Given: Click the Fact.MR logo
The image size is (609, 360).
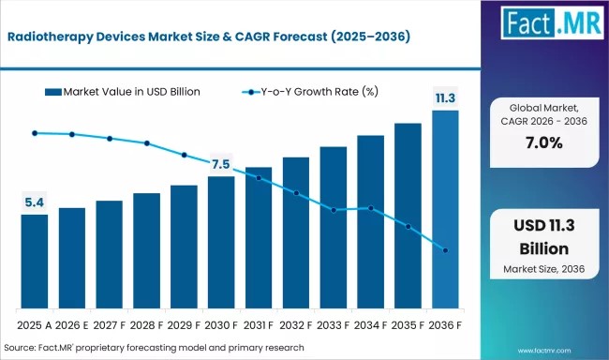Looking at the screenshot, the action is [x=552, y=22].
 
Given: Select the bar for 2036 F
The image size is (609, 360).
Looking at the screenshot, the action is [x=445, y=210].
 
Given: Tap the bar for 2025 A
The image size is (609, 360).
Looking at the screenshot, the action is [x=35, y=262].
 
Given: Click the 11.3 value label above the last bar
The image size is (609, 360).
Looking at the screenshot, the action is [x=445, y=98].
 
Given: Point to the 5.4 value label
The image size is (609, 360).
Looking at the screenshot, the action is [x=35, y=202].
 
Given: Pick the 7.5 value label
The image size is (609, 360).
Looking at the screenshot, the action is [x=220, y=164].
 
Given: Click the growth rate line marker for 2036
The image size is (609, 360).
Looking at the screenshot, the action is [x=445, y=250].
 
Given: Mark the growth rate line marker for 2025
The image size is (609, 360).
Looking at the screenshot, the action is [x=35, y=133].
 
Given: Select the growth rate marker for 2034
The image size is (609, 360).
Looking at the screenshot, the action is [x=371, y=208].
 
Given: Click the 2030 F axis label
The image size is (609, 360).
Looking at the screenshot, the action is [x=220, y=325].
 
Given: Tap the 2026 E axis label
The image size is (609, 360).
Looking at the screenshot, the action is [x=72, y=325].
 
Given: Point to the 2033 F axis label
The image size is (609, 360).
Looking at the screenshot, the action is [x=333, y=325].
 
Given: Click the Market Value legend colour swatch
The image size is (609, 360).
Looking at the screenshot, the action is [x=53, y=92].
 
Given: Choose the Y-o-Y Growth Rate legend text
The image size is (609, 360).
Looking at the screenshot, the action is [x=319, y=92].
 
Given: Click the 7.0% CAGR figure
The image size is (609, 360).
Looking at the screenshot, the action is [x=544, y=143].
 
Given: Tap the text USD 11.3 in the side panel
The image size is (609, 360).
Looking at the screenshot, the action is [x=544, y=226].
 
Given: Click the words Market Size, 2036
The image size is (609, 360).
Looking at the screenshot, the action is [x=544, y=269].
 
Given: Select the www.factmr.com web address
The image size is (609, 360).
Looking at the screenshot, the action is [x=544, y=351].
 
